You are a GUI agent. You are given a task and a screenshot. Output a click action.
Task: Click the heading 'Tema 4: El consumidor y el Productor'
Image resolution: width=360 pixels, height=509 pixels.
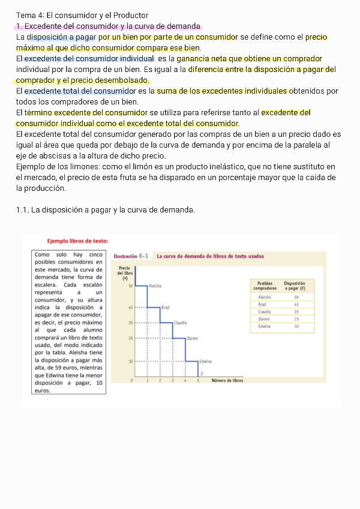82,15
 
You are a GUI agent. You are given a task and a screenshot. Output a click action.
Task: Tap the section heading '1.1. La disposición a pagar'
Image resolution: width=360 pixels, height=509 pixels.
105,209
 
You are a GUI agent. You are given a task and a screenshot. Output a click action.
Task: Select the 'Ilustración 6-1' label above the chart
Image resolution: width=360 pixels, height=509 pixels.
131,256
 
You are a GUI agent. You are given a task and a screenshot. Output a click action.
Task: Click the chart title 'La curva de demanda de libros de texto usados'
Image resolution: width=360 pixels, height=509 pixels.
209,256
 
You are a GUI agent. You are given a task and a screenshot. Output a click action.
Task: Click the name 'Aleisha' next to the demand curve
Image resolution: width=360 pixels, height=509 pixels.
155,286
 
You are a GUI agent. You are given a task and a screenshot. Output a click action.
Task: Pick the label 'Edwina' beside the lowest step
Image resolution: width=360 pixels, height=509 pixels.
208,361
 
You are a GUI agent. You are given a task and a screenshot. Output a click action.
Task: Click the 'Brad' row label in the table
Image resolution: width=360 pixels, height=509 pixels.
262,304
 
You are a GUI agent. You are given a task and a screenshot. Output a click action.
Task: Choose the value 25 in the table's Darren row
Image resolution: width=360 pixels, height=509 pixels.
296,319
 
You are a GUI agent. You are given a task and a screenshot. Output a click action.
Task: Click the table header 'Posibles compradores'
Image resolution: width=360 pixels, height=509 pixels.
265,286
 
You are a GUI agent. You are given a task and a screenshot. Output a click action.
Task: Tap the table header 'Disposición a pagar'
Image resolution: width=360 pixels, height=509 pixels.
295,286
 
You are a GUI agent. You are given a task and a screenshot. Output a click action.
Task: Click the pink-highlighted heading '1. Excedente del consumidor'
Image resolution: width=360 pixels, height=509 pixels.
108,26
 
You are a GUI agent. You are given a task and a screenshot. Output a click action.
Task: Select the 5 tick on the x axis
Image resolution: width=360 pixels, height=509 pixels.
197,381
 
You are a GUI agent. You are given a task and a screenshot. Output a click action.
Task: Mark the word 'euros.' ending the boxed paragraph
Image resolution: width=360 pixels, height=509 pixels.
43,390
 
